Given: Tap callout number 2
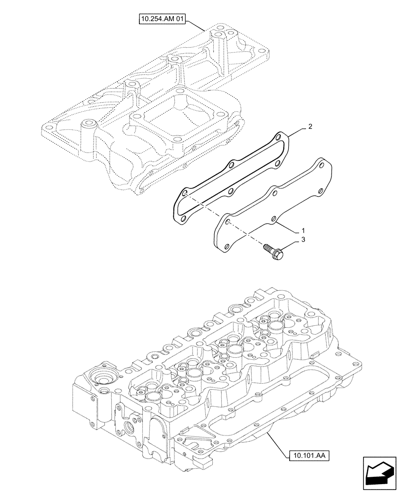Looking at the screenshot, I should point(309,127).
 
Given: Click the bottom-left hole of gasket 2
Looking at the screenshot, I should point(183,219).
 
